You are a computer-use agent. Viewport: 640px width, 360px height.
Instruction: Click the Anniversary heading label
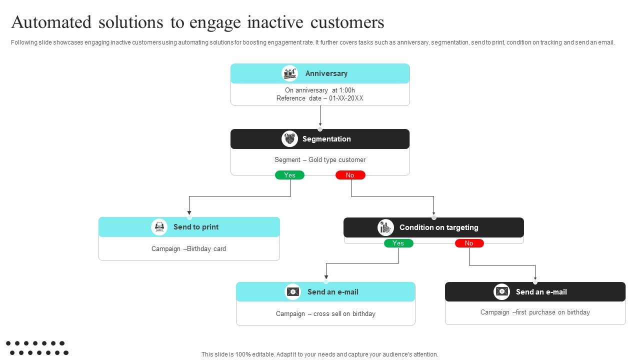326,73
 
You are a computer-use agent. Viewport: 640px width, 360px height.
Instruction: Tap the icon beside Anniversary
289,73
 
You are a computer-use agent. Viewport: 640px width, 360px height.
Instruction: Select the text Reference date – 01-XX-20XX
319,98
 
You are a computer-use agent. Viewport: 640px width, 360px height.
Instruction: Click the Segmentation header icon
289,139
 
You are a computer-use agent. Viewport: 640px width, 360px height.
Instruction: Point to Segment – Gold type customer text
319,160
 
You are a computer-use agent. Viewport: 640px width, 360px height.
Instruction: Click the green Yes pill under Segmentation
289,175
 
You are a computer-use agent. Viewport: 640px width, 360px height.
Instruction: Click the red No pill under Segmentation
350,175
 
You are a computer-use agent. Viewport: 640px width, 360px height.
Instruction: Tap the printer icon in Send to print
159,227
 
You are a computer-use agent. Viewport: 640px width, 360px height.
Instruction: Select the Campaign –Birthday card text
188,249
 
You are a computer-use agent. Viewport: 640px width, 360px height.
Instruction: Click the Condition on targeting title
438,227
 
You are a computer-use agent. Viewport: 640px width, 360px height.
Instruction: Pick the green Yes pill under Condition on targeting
398,243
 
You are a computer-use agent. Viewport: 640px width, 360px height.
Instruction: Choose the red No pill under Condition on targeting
469,243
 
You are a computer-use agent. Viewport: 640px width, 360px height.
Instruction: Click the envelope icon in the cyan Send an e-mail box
293,292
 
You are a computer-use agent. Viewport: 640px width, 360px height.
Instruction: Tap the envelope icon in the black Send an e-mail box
501,292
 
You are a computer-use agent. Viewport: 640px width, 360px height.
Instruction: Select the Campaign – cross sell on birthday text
325,314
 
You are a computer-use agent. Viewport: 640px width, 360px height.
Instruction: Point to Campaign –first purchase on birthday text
535,312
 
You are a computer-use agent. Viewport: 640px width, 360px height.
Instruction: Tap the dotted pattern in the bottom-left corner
37,348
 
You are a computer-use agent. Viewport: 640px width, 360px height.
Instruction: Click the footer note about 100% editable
319,354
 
